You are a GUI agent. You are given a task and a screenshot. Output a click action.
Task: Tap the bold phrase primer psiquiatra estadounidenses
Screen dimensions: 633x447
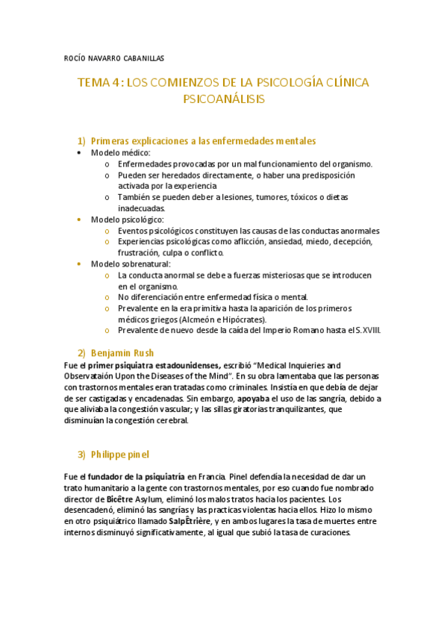(x=154, y=365)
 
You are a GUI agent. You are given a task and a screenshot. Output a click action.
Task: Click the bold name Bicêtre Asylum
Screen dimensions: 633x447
(x=140, y=499)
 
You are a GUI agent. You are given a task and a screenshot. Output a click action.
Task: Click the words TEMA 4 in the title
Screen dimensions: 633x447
(x=99, y=83)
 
